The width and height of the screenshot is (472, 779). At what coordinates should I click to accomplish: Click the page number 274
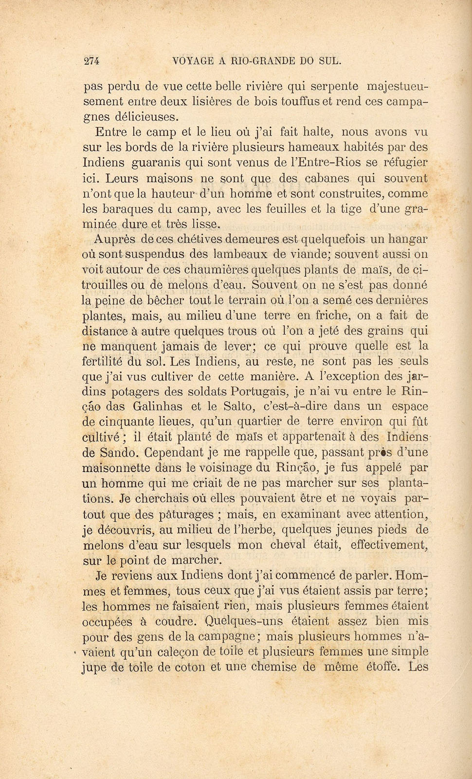tap(91, 61)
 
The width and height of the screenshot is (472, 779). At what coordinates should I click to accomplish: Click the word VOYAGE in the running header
tap(193, 61)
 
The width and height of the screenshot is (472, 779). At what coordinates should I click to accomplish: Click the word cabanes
tap(327, 178)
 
